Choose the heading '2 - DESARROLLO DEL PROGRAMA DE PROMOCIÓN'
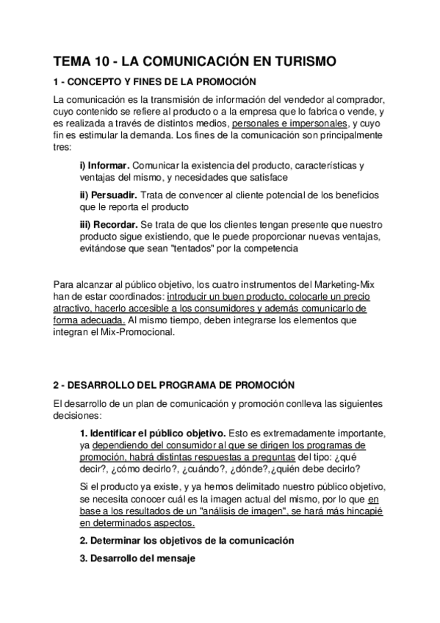coord(174,384)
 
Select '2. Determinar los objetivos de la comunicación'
coord(187,540)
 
